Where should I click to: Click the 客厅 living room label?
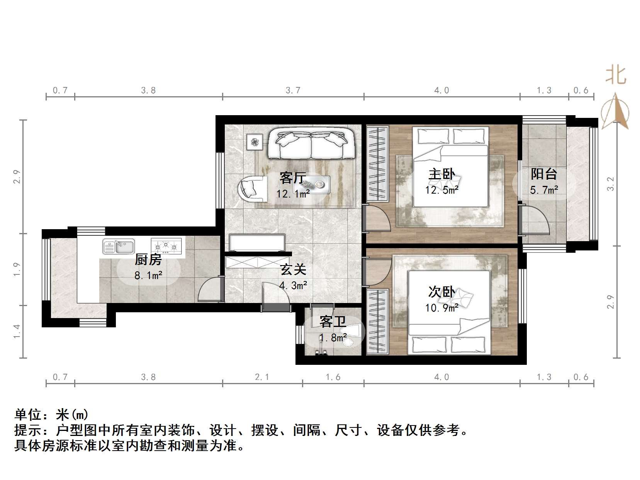click(x=292, y=178)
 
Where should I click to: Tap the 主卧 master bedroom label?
click(x=441, y=174)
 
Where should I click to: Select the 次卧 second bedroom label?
click(x=441, y=292)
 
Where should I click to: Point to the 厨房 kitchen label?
click(x=148, y=260)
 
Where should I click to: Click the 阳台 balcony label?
click(x=544, y=174)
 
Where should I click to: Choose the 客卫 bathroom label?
click(x=333, y=322)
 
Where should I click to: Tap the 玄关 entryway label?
click(x=293, y=269)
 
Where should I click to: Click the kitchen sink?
click(x=119, y=246)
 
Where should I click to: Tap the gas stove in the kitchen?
click(x=166, y=245)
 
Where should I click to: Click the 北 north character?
click(x=616, y=75)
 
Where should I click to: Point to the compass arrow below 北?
click(x=616, y=112)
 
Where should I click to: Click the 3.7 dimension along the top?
click(x=293, y=90)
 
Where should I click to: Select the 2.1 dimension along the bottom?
click(x=262, y=377)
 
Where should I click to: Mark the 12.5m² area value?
click(x=441, y=190)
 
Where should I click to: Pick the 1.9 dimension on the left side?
click(x=17, y=269)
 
